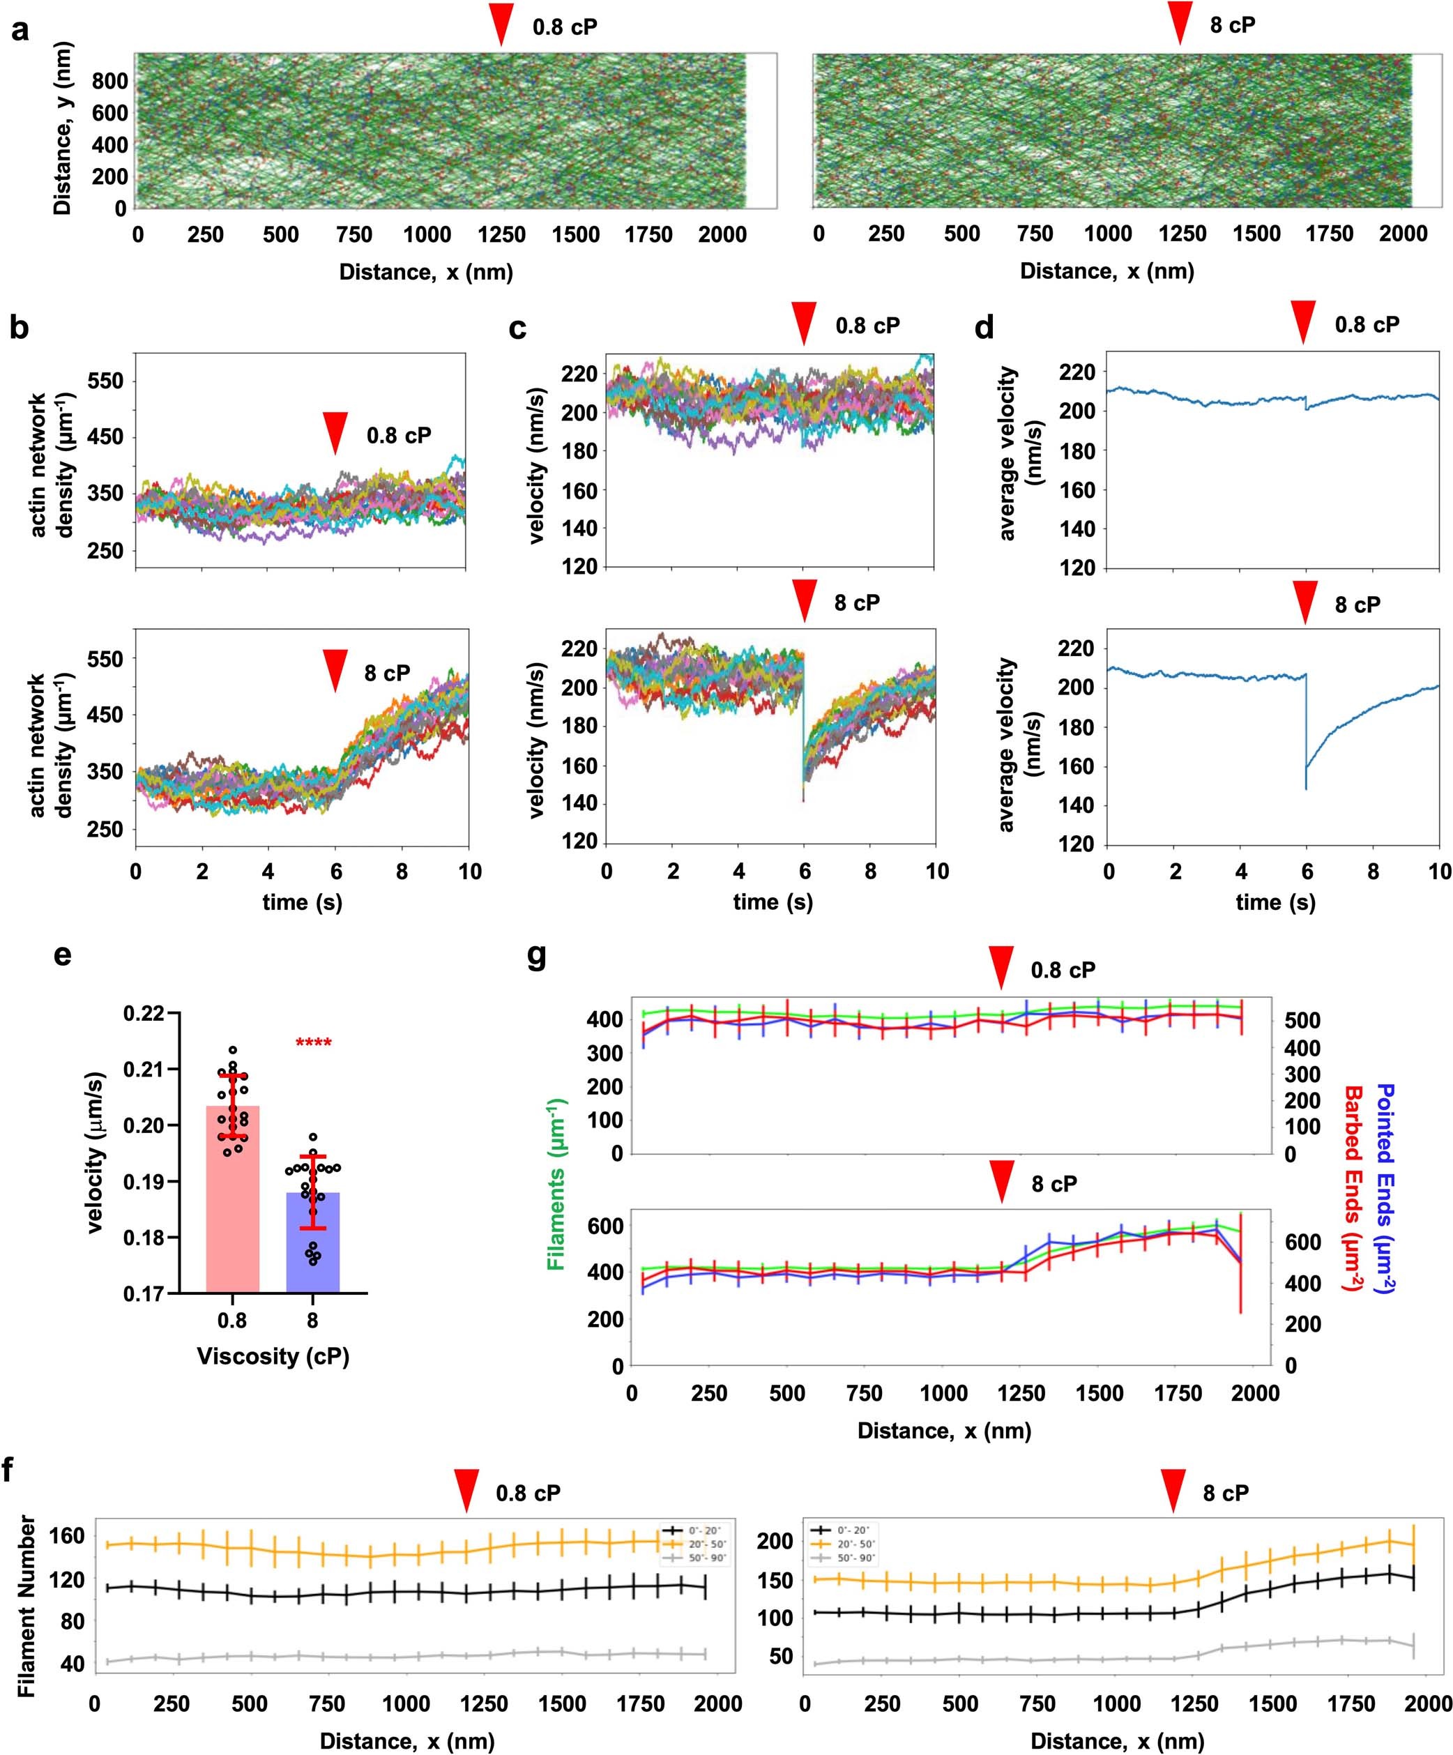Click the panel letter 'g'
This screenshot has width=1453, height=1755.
[x=538, y=955]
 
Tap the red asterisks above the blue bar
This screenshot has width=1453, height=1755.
[x=313, y=1043]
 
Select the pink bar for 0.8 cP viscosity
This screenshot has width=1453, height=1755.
[x=232, y=1203]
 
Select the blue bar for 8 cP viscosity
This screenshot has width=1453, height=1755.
[x=312, y=1245]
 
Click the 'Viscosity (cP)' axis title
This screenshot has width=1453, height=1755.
[x=273, y=1355]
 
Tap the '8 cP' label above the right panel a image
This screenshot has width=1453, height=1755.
[x=1233, y=25]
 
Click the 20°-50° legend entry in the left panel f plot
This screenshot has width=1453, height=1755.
[x=695, y=1544]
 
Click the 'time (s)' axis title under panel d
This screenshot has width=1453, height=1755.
[x=1275, y=902]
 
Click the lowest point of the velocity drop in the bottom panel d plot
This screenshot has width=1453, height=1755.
[x=1306, y=789]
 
